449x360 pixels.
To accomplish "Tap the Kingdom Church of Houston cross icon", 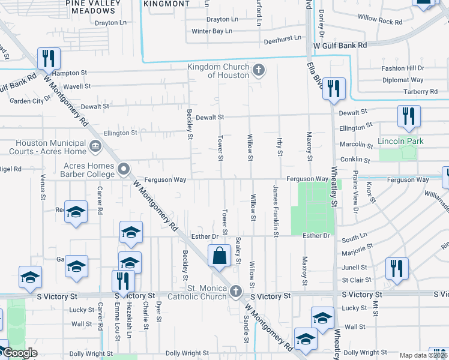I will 259,71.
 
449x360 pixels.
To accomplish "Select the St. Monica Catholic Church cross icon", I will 236,292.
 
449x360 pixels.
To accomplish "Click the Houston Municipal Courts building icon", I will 95,146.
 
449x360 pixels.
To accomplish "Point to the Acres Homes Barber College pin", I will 124,170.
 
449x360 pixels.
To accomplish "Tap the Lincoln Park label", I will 400,142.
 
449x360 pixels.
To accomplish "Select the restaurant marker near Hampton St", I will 47,58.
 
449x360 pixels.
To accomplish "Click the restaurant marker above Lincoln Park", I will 409,116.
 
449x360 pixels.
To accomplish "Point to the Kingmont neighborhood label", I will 167,4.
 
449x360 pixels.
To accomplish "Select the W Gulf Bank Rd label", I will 340,46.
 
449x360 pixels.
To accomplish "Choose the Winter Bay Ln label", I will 211,31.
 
